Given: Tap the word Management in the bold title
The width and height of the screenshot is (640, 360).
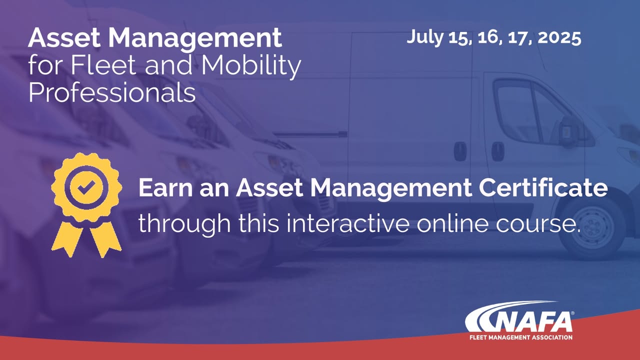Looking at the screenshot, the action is [195, 40].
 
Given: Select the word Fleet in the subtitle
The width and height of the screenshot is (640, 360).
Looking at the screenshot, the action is [103, 65].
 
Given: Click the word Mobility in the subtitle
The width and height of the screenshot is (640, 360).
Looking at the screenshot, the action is [250, 67].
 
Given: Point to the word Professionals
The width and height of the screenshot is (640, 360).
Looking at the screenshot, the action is [112, 92].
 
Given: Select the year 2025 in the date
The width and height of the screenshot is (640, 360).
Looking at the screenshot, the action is [559, 37].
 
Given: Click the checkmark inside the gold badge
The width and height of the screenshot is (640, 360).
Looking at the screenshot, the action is [86, 187].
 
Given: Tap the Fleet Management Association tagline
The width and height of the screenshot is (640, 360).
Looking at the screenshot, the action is [521, 337].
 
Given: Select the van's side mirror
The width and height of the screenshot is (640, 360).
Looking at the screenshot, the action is [570, 132].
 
